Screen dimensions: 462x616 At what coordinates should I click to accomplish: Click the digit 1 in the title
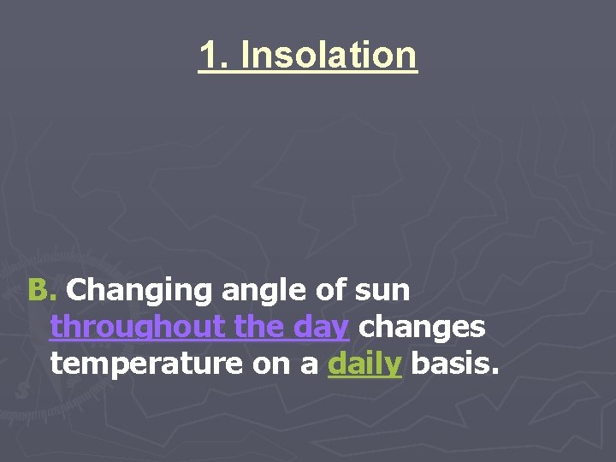click(x=208, y=56)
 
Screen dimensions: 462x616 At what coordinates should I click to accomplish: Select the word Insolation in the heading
click(x=329, y=56)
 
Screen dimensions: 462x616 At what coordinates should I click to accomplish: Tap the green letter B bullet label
click(x=38, y=291)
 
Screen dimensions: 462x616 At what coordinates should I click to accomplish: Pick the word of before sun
click(x=329, y=291)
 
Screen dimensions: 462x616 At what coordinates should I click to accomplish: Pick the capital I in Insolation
click(x=246, y=56)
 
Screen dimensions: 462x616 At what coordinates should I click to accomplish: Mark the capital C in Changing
click(x=78, y=291)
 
